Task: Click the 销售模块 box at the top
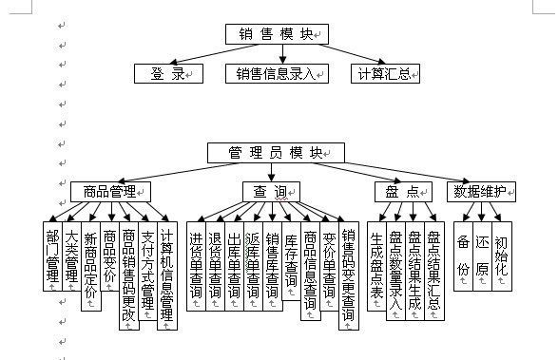(276, 34)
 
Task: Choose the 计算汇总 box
(386, 73)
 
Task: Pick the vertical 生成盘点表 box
(376, 265)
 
